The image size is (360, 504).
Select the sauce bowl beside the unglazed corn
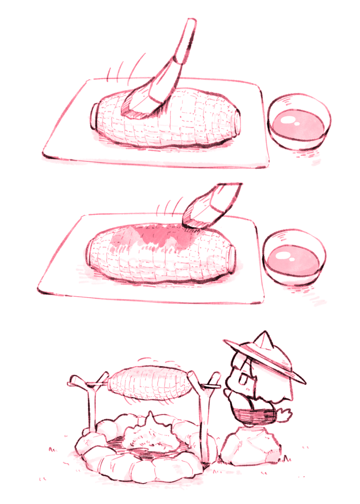(299, 122)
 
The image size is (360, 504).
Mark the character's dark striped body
(255, 413)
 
